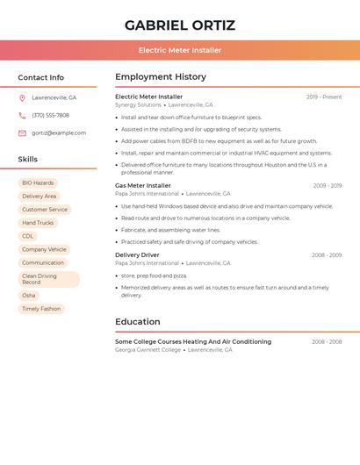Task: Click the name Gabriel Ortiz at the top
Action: (180, 25)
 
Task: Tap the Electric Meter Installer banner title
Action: (180, 50)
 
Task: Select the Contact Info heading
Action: (41, 77)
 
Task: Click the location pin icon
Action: (22, 97)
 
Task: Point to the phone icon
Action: (22, 115)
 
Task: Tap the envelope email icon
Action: (22, 132)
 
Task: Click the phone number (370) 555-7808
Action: (50, 115)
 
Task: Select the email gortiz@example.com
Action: (59, 132)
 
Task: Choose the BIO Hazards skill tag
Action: (38, 182)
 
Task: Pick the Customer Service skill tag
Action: (45, 209)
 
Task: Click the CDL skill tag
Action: (28, 235)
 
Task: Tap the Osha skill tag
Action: (29, 295)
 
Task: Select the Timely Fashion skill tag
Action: (41, 308)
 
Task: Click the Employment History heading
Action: (161, 77)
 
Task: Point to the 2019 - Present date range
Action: (324, 97)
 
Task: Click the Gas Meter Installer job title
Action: (143, 185)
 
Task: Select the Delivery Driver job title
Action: (137, 254)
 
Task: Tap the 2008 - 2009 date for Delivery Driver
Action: (327, 254)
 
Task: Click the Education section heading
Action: (138, 321)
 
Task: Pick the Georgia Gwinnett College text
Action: (148, 349)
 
